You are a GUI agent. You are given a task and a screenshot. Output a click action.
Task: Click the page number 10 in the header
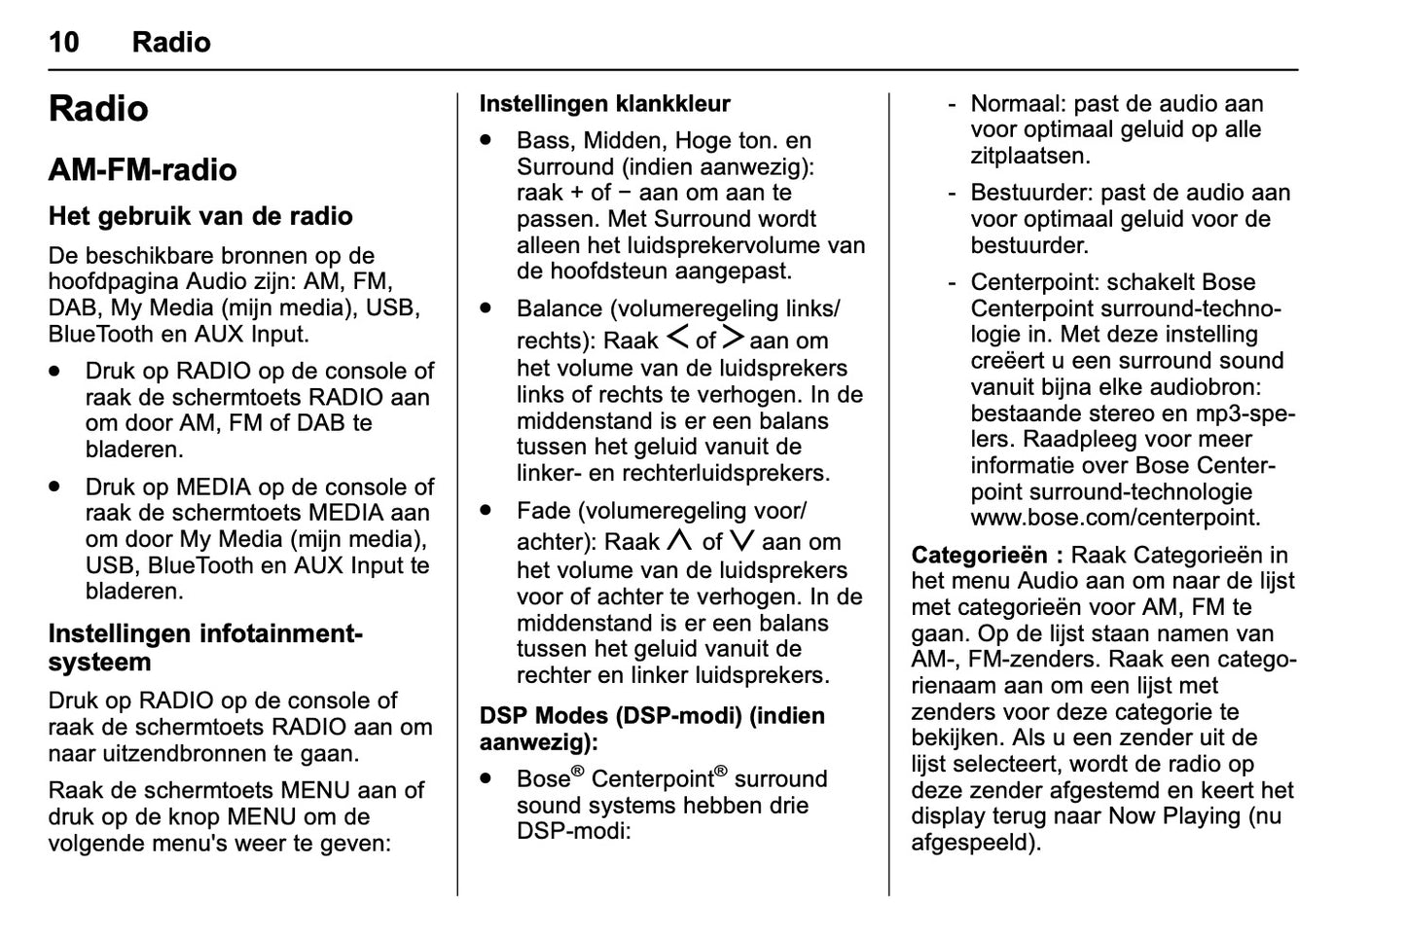click(x=64, y=42)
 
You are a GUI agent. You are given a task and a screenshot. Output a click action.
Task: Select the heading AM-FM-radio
click(x=142, y=170)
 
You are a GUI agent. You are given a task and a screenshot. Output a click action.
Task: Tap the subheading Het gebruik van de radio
click(x=200, y=216)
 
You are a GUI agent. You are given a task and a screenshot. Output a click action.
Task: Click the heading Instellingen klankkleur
click(x=604, y=104)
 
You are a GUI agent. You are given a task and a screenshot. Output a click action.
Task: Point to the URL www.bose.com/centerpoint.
click(x=1115, y=518)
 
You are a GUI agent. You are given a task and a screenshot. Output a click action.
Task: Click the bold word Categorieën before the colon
click(x=979, y=556)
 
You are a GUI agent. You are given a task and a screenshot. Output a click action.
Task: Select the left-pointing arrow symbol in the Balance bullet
click(x=678, y=339)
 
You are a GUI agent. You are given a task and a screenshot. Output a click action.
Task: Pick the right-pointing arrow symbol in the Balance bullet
click(x=733, y=339)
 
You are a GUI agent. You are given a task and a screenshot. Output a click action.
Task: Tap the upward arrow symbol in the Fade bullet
click(x=680, y=541)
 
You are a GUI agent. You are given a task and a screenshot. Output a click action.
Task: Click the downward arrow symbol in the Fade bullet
click(x=741, y=541)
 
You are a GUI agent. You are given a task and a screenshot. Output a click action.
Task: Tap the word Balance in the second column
click(x=559, y=309)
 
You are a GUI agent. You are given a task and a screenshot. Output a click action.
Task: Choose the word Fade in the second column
click(x=544, y=511)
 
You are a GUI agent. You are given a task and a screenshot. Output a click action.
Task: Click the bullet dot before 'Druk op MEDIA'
click(x=57, y=486)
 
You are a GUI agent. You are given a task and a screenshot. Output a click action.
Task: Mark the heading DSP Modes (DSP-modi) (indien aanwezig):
click(x=652, y=729)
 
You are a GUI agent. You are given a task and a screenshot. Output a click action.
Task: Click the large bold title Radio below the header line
click(x=98, y=109)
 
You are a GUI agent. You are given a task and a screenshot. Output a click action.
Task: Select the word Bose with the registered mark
click(x=543, y=779)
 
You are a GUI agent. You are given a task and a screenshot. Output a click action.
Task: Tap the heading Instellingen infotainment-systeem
click(x=204, y=648)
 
